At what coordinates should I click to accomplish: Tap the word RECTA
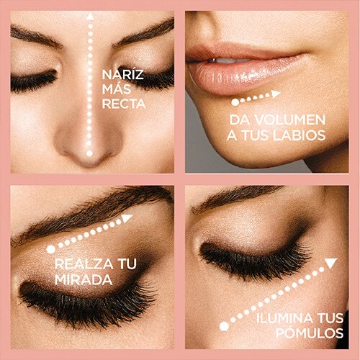pos(125,104)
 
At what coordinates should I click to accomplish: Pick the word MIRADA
pos(84,279)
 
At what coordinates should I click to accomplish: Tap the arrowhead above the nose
pos(89,16)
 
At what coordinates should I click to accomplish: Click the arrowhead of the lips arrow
pos(276,94)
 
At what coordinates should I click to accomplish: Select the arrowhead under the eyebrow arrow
pos(127,217)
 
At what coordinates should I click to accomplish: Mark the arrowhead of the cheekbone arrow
pos(330,264)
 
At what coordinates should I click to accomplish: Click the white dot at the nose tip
pos(89,153)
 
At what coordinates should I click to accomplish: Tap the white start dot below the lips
pos(235,103)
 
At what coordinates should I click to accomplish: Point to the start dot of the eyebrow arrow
pos(51,249)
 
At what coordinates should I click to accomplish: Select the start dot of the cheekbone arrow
pos(224,326)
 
